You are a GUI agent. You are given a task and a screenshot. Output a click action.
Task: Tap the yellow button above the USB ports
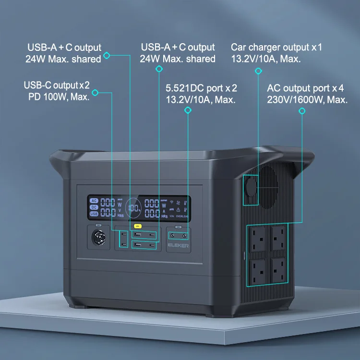138,226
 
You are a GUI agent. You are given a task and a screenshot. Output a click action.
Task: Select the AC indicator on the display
94,201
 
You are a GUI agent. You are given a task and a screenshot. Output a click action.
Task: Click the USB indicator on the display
94,214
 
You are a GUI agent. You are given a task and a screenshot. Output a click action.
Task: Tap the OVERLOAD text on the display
185,216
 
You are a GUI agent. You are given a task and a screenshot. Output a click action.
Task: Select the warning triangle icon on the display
179,210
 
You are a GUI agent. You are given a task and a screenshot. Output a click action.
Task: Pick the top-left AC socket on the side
258,237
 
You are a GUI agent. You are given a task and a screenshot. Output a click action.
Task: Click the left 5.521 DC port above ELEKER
173,236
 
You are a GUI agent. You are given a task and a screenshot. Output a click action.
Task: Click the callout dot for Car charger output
258,71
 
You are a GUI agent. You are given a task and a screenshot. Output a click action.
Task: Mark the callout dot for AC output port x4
302,111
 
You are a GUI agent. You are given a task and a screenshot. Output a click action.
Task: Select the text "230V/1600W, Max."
307,100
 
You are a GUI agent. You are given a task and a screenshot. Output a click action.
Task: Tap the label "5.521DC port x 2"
201,89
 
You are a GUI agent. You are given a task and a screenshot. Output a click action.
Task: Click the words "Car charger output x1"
276,48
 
